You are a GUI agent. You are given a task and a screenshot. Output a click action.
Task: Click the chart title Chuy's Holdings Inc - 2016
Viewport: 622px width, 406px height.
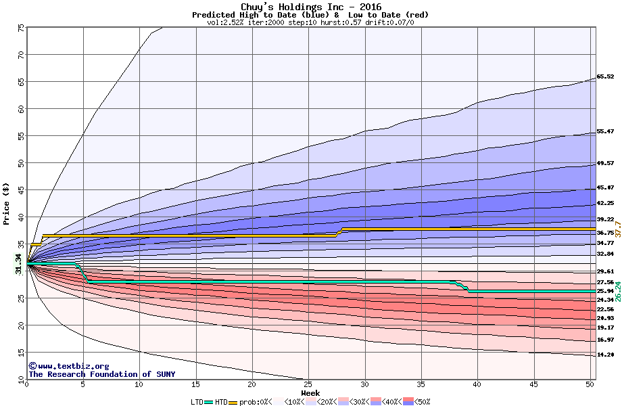(310, 7)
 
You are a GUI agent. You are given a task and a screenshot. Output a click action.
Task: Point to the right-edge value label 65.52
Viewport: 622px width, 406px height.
(605, 76)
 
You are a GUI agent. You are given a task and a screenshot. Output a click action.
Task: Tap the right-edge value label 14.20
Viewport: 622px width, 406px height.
(605, 355)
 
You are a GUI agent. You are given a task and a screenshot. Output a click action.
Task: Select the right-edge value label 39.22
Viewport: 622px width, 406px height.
(605, 219)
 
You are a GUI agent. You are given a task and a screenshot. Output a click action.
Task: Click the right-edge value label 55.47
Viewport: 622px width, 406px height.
(605, 132)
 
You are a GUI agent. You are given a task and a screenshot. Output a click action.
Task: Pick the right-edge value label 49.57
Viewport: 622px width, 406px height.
(605, 163)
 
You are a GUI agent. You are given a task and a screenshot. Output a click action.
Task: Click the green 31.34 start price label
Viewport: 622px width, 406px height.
(19, 263)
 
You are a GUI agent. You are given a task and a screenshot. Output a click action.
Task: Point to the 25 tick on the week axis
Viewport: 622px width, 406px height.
(308, 385)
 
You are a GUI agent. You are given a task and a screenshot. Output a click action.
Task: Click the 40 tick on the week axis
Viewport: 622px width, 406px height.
(477, 385)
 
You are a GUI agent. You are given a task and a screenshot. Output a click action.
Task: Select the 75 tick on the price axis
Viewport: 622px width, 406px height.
(21, 28)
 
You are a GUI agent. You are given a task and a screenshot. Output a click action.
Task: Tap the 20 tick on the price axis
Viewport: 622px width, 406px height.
(21, 325)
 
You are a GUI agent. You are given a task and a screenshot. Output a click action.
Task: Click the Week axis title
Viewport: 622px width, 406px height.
(310, 393)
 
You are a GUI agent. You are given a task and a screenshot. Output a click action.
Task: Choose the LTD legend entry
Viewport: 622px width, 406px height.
(197, 401)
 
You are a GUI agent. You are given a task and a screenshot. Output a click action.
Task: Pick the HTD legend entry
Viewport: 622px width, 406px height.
(221, 401)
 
